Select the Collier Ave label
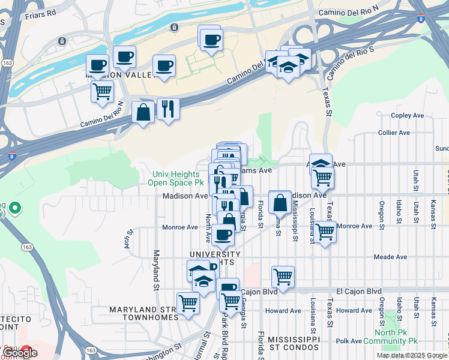(394, 133)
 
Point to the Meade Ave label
(390, 257)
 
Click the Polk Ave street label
(349, 341)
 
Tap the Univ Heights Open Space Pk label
(178, 178)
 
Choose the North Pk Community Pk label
(396, 337)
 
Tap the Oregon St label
(382, 212)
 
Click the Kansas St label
(433, 212)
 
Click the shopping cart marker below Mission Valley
(102, 92)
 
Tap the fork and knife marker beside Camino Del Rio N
(168, 109)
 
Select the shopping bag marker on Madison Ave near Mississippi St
(280, 202)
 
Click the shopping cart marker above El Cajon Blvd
(283, 277)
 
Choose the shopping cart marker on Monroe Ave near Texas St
(325, 231)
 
